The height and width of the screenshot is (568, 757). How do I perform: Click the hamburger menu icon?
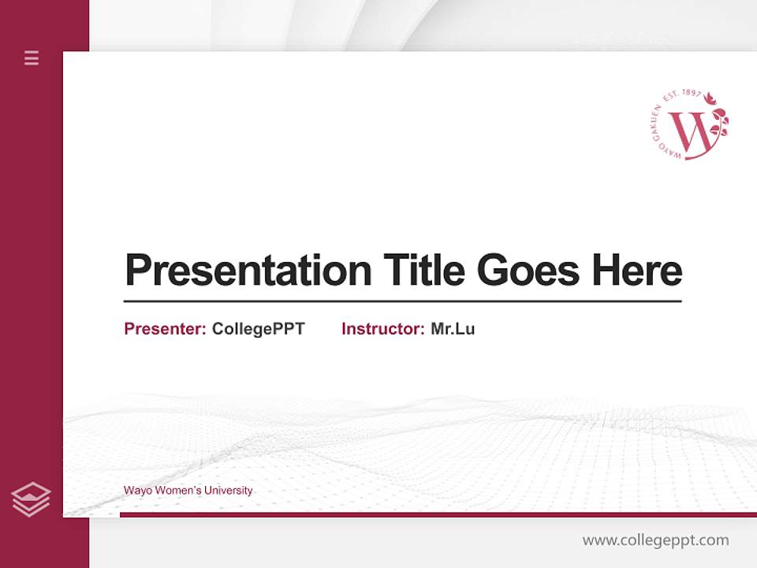[x=32, y=58]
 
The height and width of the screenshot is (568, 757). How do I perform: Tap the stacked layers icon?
[x=31, y=499]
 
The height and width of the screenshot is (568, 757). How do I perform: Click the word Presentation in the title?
[x=248, y=270]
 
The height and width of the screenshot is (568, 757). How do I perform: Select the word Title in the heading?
[x=423, y=270]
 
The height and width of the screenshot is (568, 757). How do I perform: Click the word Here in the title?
[x=637, y=270]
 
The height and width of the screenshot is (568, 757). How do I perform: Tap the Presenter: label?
[x=165, y=329]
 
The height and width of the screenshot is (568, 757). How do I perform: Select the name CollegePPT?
[x=258, y=329]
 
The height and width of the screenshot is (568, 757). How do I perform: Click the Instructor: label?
[x=382, y=329]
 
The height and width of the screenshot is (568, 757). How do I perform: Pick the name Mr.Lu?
[x=453, y=329]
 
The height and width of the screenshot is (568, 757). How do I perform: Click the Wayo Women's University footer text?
[x=188, y=491]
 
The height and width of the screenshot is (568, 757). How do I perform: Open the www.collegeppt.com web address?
[x=655, y=540]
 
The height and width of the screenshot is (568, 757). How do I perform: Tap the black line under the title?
[x=402, y=301]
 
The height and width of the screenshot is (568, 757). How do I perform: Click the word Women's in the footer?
[x=177, y=491]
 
